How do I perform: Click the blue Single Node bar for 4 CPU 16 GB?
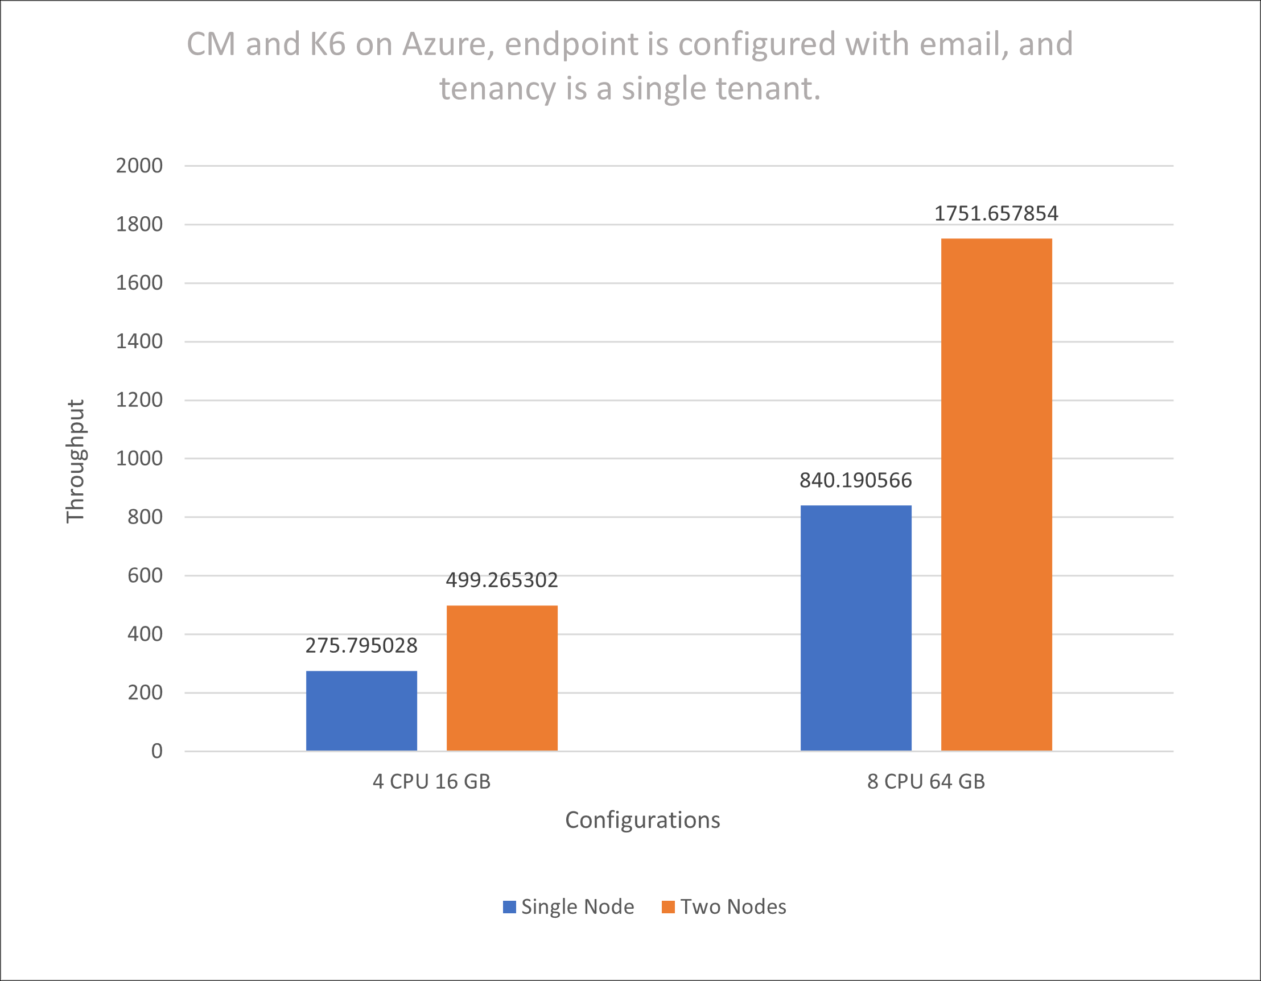(361, 711)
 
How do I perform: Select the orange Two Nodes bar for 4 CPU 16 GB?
(502, 678)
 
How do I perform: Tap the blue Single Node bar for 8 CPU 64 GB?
(856, 628)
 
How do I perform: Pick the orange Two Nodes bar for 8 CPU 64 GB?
(996, 494)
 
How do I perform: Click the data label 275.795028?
(361, 645)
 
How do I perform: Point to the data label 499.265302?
(502, 580)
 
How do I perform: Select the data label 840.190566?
(856, 480)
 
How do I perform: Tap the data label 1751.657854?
(996, 213)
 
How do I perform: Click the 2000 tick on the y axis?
(139, 166)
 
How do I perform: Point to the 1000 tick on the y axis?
(139, 459)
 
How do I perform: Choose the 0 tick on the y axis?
(156, 751)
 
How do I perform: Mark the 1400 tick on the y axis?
(139, 341)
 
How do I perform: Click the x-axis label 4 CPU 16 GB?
(431, 782)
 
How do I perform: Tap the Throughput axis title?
(76, 461)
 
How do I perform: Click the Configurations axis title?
(642, 820)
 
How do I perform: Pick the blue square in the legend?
(509, 907)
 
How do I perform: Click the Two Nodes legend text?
(733, 907)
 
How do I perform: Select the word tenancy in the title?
(498, 89)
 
